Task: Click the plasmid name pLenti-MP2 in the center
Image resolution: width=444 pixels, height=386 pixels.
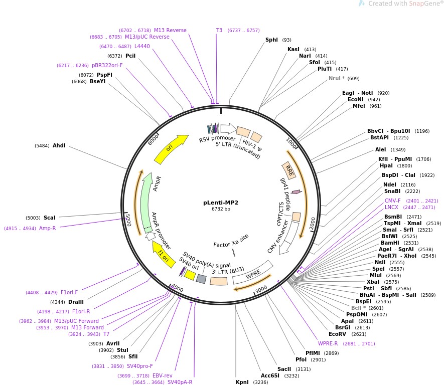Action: (221, 203)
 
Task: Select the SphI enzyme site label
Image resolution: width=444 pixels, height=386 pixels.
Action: (271, 40)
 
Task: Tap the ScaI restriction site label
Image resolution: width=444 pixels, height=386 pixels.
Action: (49, 218)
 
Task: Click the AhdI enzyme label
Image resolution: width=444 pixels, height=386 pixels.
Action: (59, 145)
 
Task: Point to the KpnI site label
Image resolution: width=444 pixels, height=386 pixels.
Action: (242, 382)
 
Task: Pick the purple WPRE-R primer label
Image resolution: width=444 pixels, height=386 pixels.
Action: (328, 343)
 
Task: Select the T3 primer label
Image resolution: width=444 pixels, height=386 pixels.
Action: (219, 30)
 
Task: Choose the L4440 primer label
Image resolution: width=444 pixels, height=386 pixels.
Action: (142, 46)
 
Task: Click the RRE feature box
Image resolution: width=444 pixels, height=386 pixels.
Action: (289, 169)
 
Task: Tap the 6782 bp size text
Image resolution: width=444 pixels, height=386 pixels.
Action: (221, 209)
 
